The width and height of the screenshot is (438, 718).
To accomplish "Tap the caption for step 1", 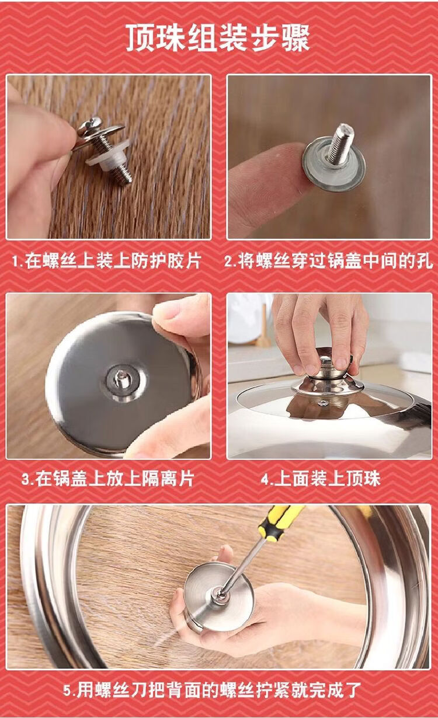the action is [107, 260].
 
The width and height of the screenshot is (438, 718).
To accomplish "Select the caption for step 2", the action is [328, 260].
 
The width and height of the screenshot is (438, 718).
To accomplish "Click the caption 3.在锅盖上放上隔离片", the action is [108, 479].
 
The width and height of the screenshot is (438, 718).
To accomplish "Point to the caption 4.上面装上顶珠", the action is [321, 479].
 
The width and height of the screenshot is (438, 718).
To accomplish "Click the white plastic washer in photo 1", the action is [109, 155].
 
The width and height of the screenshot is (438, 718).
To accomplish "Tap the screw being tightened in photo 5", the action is [220, 595].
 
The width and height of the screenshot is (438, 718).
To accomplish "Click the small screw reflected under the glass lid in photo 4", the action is [322, 403].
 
